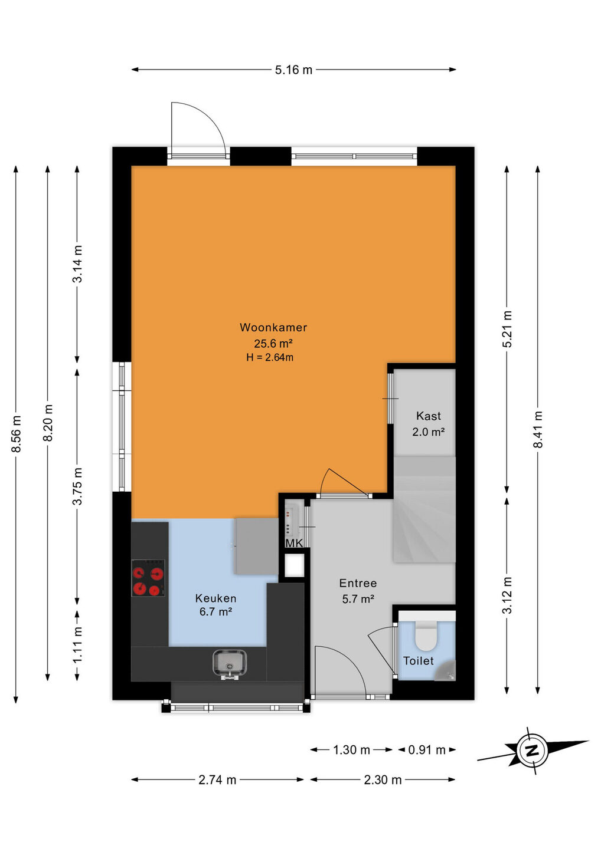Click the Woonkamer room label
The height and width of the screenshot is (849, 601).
pyautogui.click(x=273, y=327)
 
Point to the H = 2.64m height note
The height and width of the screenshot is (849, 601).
pyautogui.click(x=270, y=357)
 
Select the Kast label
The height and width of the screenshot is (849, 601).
pyautogui.click(x=429, y=416)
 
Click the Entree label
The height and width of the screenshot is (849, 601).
pyautogui.click(x=358, y=583)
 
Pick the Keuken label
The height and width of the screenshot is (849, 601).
pyautogui.click(x=215, y=598)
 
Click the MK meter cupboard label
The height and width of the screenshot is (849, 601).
pyautogui.click(x=294, y=543)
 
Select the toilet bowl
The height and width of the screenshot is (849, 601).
pyautogui.click(x=426, y=635)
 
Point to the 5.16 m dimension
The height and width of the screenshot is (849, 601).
pyautogui.click(x=293, y=70)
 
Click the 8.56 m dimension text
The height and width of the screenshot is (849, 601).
pyautogui.click(x=17, y=433)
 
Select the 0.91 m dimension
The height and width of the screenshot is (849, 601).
pyautogui.click(x=427, y=749)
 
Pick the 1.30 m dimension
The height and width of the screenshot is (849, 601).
pyautogui.click(x=351, y=749)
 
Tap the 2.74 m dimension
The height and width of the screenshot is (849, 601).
pyautogui.click(x=217, y=779)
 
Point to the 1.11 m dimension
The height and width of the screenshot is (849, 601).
pyautogui.click(x=77, y=646)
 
